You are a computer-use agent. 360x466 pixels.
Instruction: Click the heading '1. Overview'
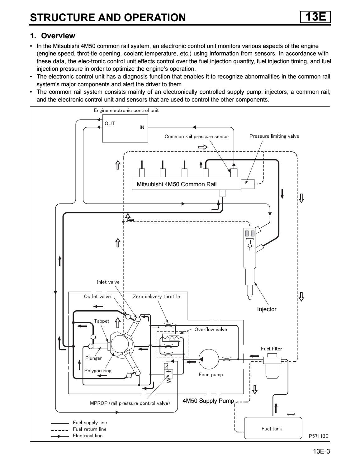click(52, 36)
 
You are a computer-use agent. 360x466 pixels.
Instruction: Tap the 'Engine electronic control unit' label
click(126, 111)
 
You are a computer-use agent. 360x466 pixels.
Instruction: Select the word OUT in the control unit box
click(110, 123)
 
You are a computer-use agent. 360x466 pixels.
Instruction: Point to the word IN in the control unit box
click(142, 127)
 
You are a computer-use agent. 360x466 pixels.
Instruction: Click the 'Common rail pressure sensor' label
click(197, 136)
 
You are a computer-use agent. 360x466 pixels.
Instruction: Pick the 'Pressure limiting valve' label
click(274, 136)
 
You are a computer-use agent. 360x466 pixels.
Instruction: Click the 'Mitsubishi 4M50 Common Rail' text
click(177, 184)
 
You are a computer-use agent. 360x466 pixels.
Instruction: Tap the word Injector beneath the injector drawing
click(267, 309)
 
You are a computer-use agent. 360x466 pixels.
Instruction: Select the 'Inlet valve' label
click(108, 282)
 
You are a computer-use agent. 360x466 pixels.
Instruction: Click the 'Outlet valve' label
click(97, 297)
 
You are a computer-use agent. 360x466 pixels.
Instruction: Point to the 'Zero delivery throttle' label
click(156, 297)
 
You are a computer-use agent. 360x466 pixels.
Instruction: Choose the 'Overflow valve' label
click(211, 329)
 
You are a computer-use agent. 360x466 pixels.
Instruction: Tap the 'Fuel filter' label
click(271, 349)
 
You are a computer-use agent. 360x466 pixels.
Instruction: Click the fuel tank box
click(273, 428)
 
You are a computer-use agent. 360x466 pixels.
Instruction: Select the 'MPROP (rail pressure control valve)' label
click(130, 403)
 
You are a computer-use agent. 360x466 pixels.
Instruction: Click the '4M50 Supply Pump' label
click(208, 401)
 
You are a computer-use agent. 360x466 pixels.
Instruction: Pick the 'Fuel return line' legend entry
click(89, 429)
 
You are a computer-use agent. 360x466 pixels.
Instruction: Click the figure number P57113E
click(318, 436)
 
